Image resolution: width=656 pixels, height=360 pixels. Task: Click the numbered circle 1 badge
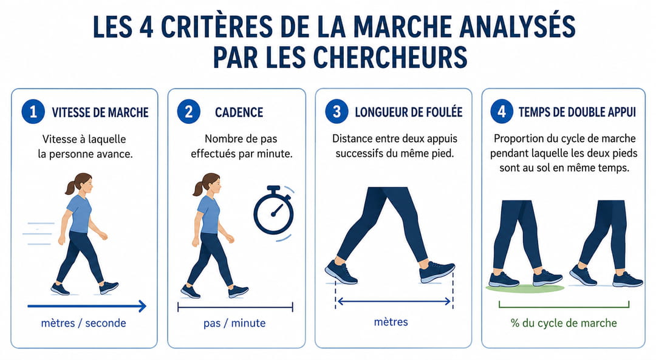(x=33, y=112)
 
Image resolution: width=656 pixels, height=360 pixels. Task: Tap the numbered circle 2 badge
(x=189, y=112)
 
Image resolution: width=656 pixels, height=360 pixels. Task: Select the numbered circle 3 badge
(x=337, y=112)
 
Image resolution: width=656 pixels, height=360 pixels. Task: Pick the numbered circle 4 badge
(x=502, y=112)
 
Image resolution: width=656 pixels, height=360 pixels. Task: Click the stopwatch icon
(x=274, y=212)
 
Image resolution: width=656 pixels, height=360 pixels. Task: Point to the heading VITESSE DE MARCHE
(x=100, y=112)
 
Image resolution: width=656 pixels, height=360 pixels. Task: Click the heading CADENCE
(x=239, y=112)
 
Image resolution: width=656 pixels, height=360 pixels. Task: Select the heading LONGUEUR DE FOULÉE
(x=409, y=112)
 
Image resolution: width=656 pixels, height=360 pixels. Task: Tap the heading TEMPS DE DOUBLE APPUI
(x=578, y=112)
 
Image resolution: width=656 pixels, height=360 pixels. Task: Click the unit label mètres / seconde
(x=84, y=323)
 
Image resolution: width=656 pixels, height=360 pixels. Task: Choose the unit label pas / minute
(x=234, y=323)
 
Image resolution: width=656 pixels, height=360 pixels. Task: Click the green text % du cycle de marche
(x=564, y=323)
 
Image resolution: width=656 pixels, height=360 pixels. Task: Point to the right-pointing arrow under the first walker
(x=87, y=306)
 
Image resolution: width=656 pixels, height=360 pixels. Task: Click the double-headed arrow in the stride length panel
(x=394, y=301)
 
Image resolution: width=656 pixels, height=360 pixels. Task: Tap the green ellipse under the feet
(x=525, y=288)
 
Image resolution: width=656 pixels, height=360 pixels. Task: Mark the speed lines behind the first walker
(x=38, y=234)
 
